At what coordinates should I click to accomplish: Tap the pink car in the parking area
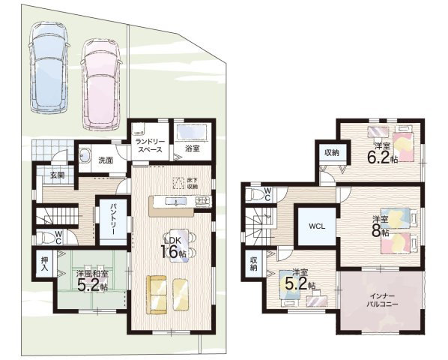[100, 84]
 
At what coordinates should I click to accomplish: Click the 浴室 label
[192, 148]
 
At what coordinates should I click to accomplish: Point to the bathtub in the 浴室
[192, 132]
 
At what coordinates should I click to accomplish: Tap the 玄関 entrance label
[57, 175]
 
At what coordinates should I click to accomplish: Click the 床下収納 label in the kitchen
[193, 183]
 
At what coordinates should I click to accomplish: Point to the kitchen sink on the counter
[176, 202]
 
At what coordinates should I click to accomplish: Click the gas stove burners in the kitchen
[203, 201]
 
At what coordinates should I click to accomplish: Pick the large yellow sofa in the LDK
[157, 295]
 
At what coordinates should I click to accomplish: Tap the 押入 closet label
[44, 265]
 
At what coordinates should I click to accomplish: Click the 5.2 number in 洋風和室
[88, 285]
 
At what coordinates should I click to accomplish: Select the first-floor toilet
[46, 237]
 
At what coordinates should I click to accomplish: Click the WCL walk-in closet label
[317, 226]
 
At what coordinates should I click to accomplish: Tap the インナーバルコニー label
[382, 300]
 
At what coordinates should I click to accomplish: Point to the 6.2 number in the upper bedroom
[378, 157]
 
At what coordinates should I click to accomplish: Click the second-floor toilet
[255, 195]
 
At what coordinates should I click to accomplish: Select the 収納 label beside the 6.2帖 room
[331, 153]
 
